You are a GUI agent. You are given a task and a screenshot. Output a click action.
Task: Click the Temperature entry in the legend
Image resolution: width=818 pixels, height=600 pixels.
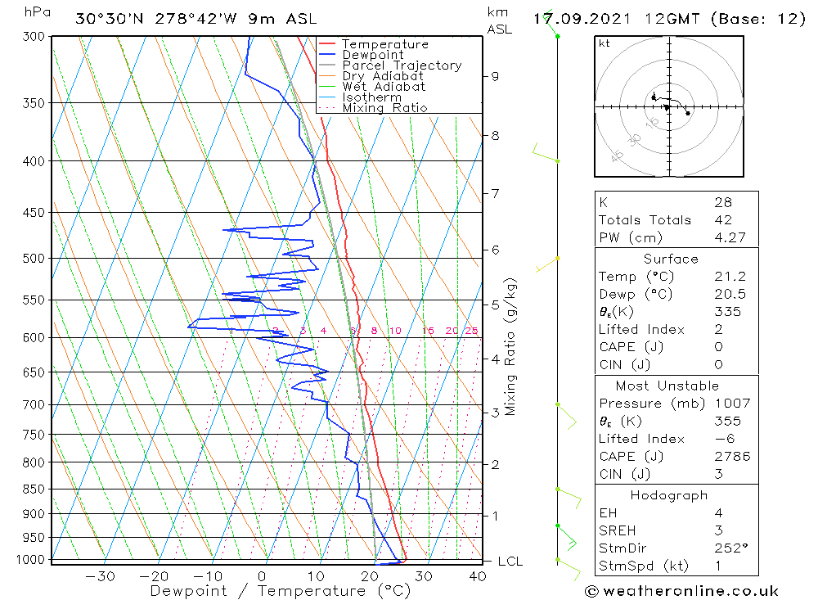(x=384, y=44)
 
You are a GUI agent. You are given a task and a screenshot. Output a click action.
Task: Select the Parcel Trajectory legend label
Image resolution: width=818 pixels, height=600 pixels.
(x=402, y=65)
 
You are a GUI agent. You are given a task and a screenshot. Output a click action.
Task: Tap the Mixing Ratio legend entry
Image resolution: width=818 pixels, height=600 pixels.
(x=384, y=107)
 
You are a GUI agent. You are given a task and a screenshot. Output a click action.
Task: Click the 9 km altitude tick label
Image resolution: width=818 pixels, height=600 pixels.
(x=494, y=76)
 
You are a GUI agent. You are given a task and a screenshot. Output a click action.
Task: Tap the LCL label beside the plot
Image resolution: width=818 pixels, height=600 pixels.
(x=510, y=562)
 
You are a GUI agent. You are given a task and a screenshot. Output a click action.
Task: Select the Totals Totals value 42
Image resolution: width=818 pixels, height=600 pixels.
(x=722, y=220)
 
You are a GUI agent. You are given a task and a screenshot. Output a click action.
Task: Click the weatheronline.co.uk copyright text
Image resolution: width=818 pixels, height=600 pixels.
(x=681, y=590)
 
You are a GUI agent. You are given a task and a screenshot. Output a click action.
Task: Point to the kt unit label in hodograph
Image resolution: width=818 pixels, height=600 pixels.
(x=605, y=43)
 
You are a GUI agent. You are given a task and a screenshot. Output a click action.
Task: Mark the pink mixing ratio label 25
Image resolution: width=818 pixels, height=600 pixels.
(x=471, y=331)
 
